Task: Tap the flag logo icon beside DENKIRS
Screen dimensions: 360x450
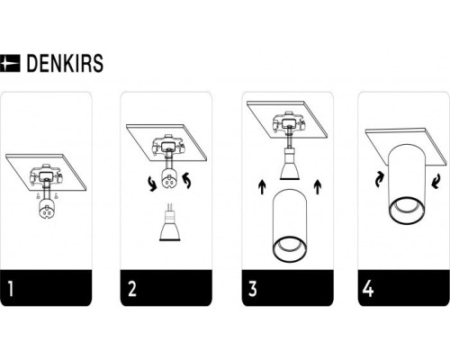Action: tap(12, 64)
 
